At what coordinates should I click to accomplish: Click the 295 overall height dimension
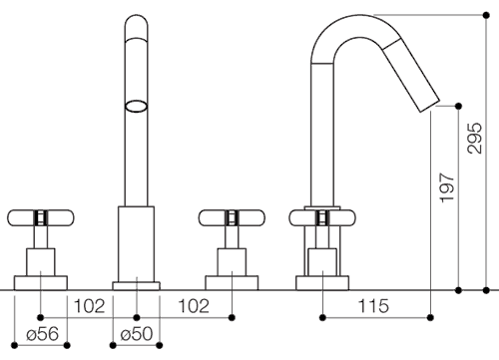point(475,138)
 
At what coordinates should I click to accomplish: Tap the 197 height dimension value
point(447,187)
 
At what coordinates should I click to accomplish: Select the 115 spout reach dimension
point(373,306)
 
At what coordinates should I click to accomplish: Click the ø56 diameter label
point(42,333)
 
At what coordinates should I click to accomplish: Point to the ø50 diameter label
point(137,333)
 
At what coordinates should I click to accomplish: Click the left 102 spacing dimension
point(89,306)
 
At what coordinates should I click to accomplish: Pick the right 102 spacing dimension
point(194,306)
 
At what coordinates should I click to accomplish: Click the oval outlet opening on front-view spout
point(137,106)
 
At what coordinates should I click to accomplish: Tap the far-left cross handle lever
point(41,218)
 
